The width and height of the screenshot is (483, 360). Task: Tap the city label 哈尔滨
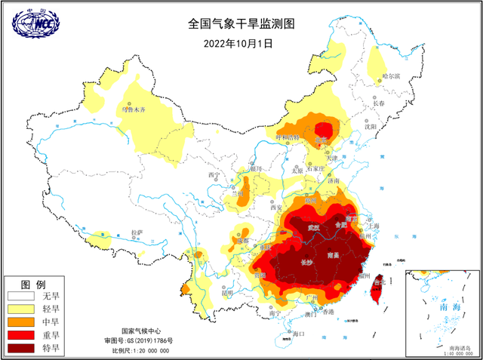point(391,75)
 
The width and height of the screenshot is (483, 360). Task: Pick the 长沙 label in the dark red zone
point(306,262)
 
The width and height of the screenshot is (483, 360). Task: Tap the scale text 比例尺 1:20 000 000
point(146,350)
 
